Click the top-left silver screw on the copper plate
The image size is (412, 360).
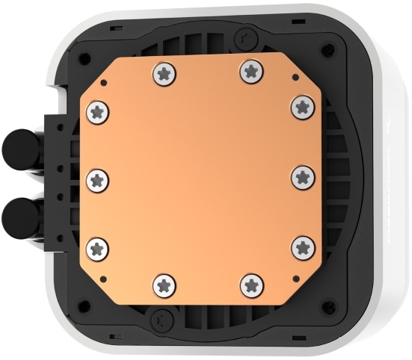click(164, 72)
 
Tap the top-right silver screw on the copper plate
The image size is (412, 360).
click(250, 72)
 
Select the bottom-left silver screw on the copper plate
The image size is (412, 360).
click(164, 284)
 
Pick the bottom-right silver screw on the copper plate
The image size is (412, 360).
click(250, 284)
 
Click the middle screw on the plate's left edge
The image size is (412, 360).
click(97, 179)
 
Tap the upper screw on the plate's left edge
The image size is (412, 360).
click(97, 111)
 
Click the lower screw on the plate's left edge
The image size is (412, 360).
click(97, 247)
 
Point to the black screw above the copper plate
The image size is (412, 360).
click(244, 37)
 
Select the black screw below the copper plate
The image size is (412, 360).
click(160, 320)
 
